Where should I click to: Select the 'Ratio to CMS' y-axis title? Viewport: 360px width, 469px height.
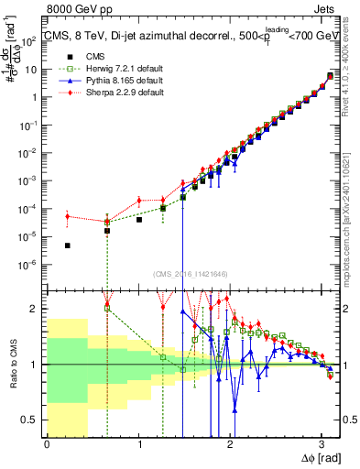pos(14,364)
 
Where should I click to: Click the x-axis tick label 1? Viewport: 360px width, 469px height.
pos(139,444)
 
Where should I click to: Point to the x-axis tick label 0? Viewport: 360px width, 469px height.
pos(47,444)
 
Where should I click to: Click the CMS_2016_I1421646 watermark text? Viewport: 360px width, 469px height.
pos(192,272)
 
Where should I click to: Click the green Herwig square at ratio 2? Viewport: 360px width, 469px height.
pos(108,308)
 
